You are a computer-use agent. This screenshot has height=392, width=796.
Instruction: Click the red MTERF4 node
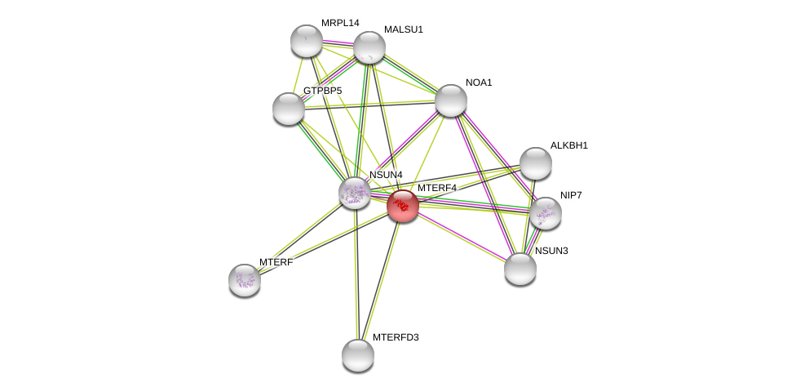click(403, 206)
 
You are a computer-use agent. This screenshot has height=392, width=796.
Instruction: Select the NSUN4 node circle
click(355, 193)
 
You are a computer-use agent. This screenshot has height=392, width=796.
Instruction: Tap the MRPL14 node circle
click(307, 41)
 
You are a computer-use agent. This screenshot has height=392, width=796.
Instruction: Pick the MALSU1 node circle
click(369, 47)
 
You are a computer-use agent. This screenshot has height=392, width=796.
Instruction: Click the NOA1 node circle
click(451, 100)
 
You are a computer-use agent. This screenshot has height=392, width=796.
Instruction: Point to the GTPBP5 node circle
click(289, 109)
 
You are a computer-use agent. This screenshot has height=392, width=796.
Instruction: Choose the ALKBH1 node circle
click(536, 163)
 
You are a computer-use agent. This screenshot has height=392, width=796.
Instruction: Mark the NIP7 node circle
click(546, 213)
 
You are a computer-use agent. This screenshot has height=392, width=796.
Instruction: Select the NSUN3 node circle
click(520, 269)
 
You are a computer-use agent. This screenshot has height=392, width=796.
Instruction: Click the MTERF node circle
click(245, 280)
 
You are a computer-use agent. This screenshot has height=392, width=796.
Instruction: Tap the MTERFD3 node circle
click(358, 355)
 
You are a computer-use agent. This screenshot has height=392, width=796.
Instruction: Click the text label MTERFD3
click(396, 337)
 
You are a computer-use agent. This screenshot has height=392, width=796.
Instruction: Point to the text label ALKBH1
click(568, 145)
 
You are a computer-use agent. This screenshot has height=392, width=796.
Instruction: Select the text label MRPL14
click(340, 23)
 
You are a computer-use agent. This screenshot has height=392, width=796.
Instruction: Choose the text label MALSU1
click(404, 29)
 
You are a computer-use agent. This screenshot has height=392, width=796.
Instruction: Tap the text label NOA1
click(479, 82)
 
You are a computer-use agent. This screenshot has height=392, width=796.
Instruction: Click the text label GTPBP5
click(323, 91)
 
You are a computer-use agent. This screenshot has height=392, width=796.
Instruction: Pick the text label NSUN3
click(551, 251)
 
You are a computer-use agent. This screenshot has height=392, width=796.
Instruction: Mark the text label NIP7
click(571, 195)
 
